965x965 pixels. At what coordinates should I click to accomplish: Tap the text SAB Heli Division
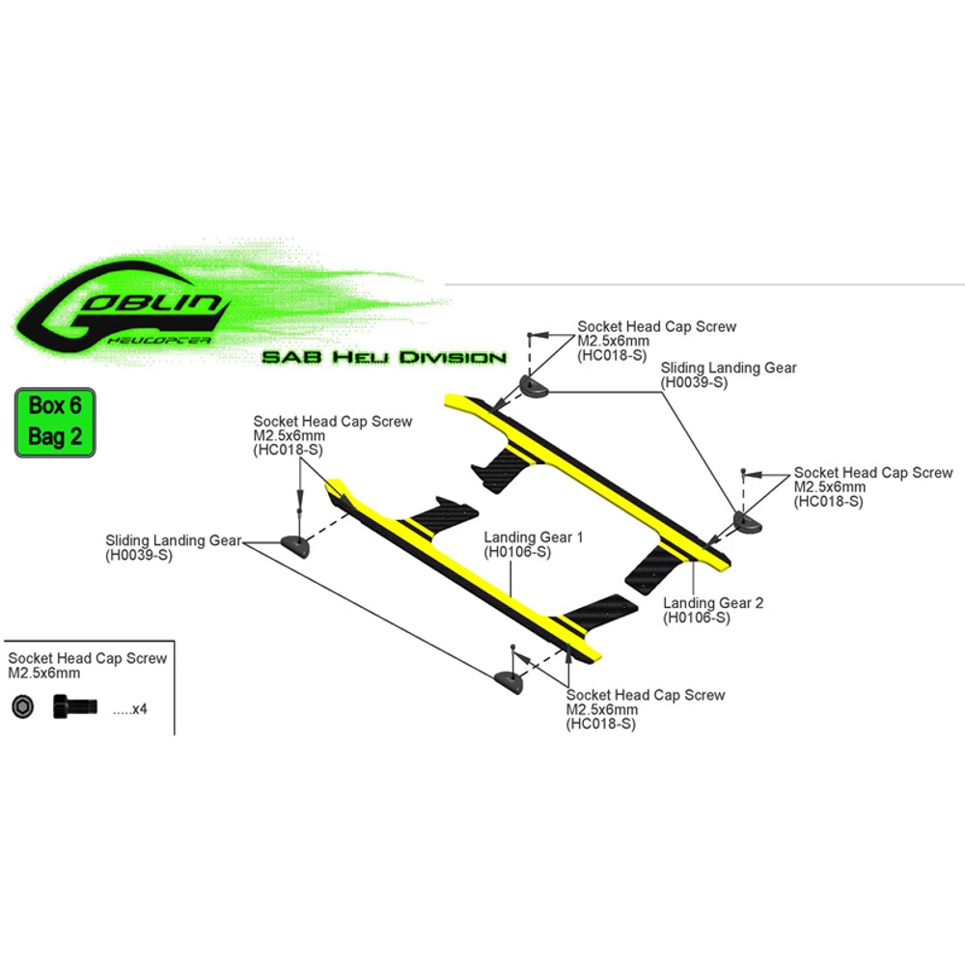[384, 358]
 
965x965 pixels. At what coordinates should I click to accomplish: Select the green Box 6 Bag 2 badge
[55, 423]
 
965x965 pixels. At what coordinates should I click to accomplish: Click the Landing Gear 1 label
[533, 537]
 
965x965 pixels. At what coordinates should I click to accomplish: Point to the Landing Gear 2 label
[713, 603]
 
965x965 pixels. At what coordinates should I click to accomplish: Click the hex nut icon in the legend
[21, 706]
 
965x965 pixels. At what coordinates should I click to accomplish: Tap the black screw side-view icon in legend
[75, 705]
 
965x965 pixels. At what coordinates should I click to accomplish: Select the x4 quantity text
[129, 709]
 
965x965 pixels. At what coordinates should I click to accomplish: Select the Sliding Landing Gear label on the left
[173, 540]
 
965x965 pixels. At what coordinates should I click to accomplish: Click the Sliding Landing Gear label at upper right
[729, 368]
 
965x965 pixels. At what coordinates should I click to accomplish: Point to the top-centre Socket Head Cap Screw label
[656, 326]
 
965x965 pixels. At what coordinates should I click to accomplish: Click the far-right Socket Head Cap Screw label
[872, 473]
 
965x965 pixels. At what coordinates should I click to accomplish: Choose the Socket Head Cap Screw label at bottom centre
[645, 695]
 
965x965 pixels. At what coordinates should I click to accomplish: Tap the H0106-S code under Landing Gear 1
[517, 552]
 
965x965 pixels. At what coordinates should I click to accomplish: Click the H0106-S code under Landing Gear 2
[696, 619]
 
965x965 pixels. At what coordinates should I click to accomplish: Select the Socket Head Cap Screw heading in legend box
[88, 658]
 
